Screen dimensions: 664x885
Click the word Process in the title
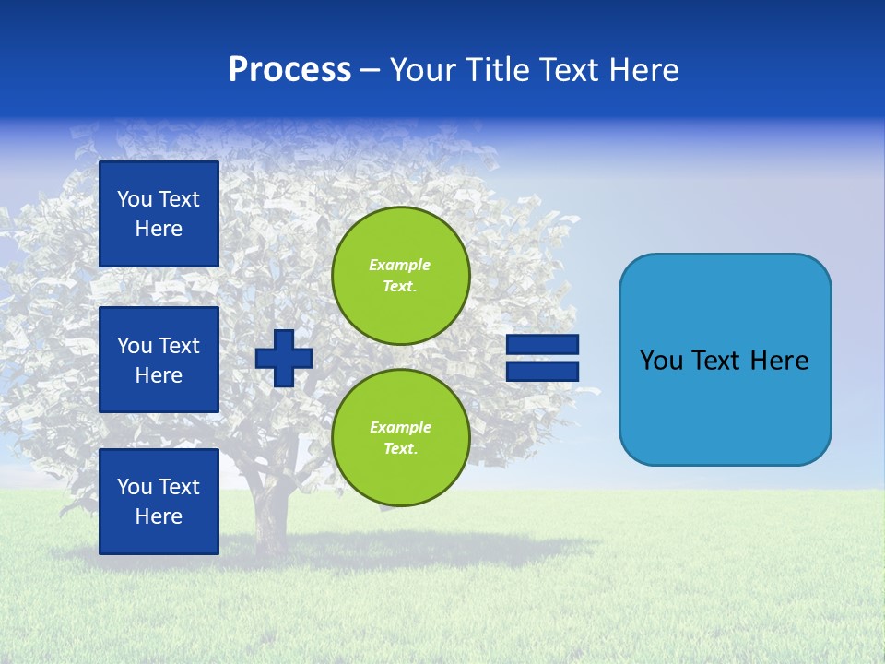click(289, 70)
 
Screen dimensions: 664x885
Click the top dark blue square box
click(159, 214)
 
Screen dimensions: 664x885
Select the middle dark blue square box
click(159, 360)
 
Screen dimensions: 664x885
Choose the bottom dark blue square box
click(159, 502)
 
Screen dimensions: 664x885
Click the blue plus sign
click(284, 358)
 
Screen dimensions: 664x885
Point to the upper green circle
click(400, 276)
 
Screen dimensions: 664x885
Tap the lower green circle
click(400, 438)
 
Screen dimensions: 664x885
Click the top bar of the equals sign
click(543, 345)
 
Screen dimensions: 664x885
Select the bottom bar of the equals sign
click(543, 372)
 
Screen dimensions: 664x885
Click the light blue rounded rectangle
click(725, 360)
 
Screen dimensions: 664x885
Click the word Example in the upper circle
click(400, 265)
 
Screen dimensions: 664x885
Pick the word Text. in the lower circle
click(400, 449)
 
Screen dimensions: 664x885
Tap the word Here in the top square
click(159, 229)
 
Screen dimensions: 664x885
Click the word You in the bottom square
click(135, 487)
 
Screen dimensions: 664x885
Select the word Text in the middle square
click(179, 346)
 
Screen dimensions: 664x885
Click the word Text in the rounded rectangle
click(716, 361)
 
